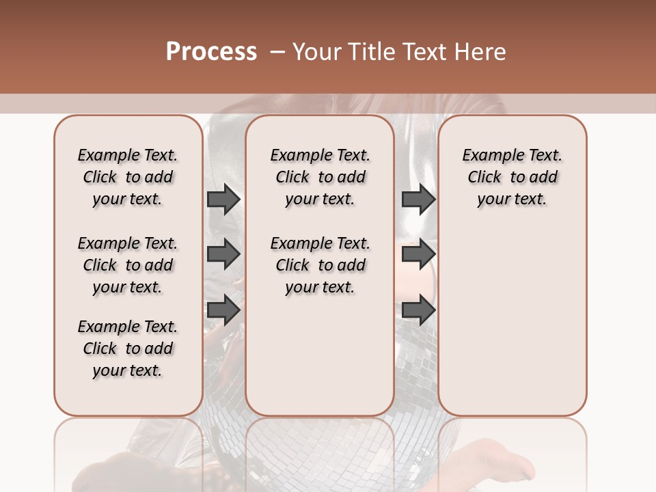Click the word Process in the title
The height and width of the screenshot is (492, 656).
(211, 52)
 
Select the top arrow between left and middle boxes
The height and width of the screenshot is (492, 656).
(223, 199)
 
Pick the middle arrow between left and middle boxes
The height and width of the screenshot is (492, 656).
(223, 254)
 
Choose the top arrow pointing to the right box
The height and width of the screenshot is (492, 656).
(418, 199)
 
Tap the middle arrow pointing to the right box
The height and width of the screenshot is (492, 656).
(418, 254)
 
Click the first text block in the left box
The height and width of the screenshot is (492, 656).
(128, 177)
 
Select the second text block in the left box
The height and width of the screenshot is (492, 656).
(128, 265)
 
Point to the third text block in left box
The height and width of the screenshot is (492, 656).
(128, 348)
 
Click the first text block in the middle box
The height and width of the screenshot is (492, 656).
(320, 177)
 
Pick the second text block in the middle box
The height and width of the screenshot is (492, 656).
(320, 265)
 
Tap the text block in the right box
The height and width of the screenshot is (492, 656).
(512, 177)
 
